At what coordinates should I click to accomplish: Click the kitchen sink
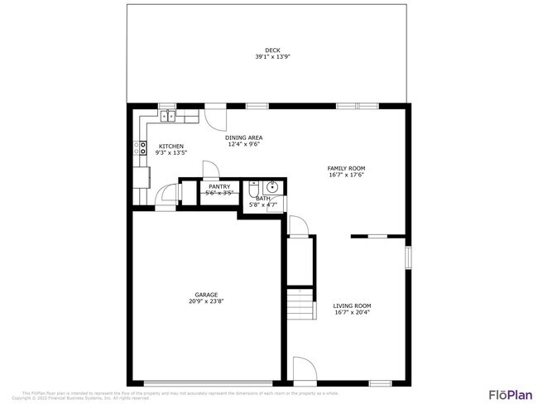click(x=168, y=115)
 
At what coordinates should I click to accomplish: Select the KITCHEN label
click(x=171, y=147)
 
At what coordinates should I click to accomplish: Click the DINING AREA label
click(x=245, y=137)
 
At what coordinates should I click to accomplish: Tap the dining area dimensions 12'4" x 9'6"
click(x=245, y=144)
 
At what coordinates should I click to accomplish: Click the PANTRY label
click(x=219, y=186)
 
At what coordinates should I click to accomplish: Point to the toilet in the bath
click(x=253, y=187)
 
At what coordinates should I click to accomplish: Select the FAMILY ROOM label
click(x=346, y=168)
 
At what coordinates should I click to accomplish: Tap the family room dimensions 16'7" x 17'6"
click(x=346, y=175)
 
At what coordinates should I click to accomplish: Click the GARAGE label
click(x=206, y=295)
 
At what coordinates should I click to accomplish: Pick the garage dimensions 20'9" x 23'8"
click(x=206, y=301)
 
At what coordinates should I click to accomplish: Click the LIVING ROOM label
click(x=352, y=305)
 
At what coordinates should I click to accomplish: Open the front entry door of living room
click(x=303, y=370)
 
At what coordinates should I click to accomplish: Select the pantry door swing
click(x=210, y=170)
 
